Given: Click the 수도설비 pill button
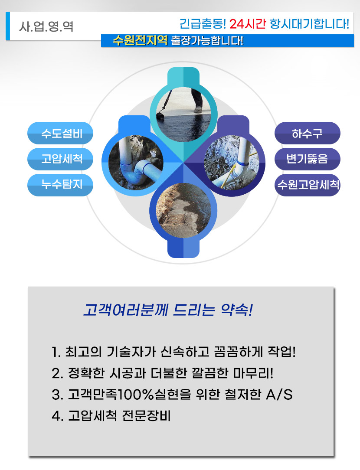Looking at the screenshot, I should point(61,133).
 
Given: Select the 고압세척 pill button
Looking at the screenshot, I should point(61,159).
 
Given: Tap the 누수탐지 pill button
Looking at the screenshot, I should point(61,185).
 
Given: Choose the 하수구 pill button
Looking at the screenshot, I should point(307,133).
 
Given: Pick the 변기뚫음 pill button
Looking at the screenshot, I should point(307,159).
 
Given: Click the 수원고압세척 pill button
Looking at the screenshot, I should point(307,185).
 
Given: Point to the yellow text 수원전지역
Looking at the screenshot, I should point(140,41).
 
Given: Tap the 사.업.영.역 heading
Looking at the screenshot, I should point(46,26).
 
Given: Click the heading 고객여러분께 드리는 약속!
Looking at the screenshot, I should point(168,310).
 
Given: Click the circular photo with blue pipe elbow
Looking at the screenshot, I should point(132,159).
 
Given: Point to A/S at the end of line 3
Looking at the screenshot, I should point(278,395).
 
